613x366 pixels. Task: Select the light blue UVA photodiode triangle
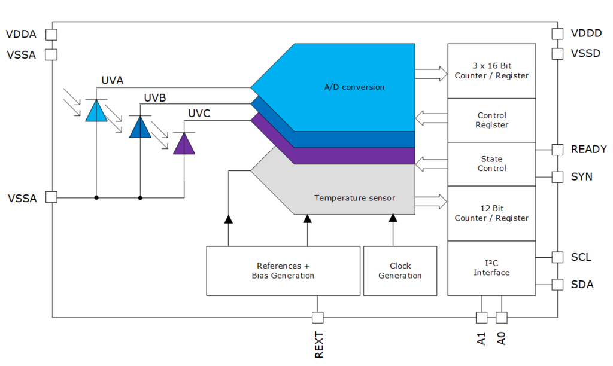click(x=96, y=111)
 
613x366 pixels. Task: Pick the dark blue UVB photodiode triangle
click(x=140, y=127)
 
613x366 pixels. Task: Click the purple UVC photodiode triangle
click(x=184, y=144)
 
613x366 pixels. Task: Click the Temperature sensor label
click(x=354, y=198)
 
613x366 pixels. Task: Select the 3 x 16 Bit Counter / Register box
click(x=491, y=71)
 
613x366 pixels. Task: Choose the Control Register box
click(x=491, y=120)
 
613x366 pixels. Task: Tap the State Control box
click(x=491, y=164)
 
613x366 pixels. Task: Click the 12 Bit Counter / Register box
click(x=491, y=213)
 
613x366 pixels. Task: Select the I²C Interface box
click(x=491, y=268)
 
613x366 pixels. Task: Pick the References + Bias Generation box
click(x=283, y=271)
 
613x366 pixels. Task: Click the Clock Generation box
click(x=400, y=271)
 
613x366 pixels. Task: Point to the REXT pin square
click(x=318, y=317)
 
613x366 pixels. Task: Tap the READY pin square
click(x=557, y=150)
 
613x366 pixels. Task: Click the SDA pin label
click(x=582, y=285)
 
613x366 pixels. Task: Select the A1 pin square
click(x=481, y=317)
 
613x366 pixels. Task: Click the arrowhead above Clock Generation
click(x=393, y=218)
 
